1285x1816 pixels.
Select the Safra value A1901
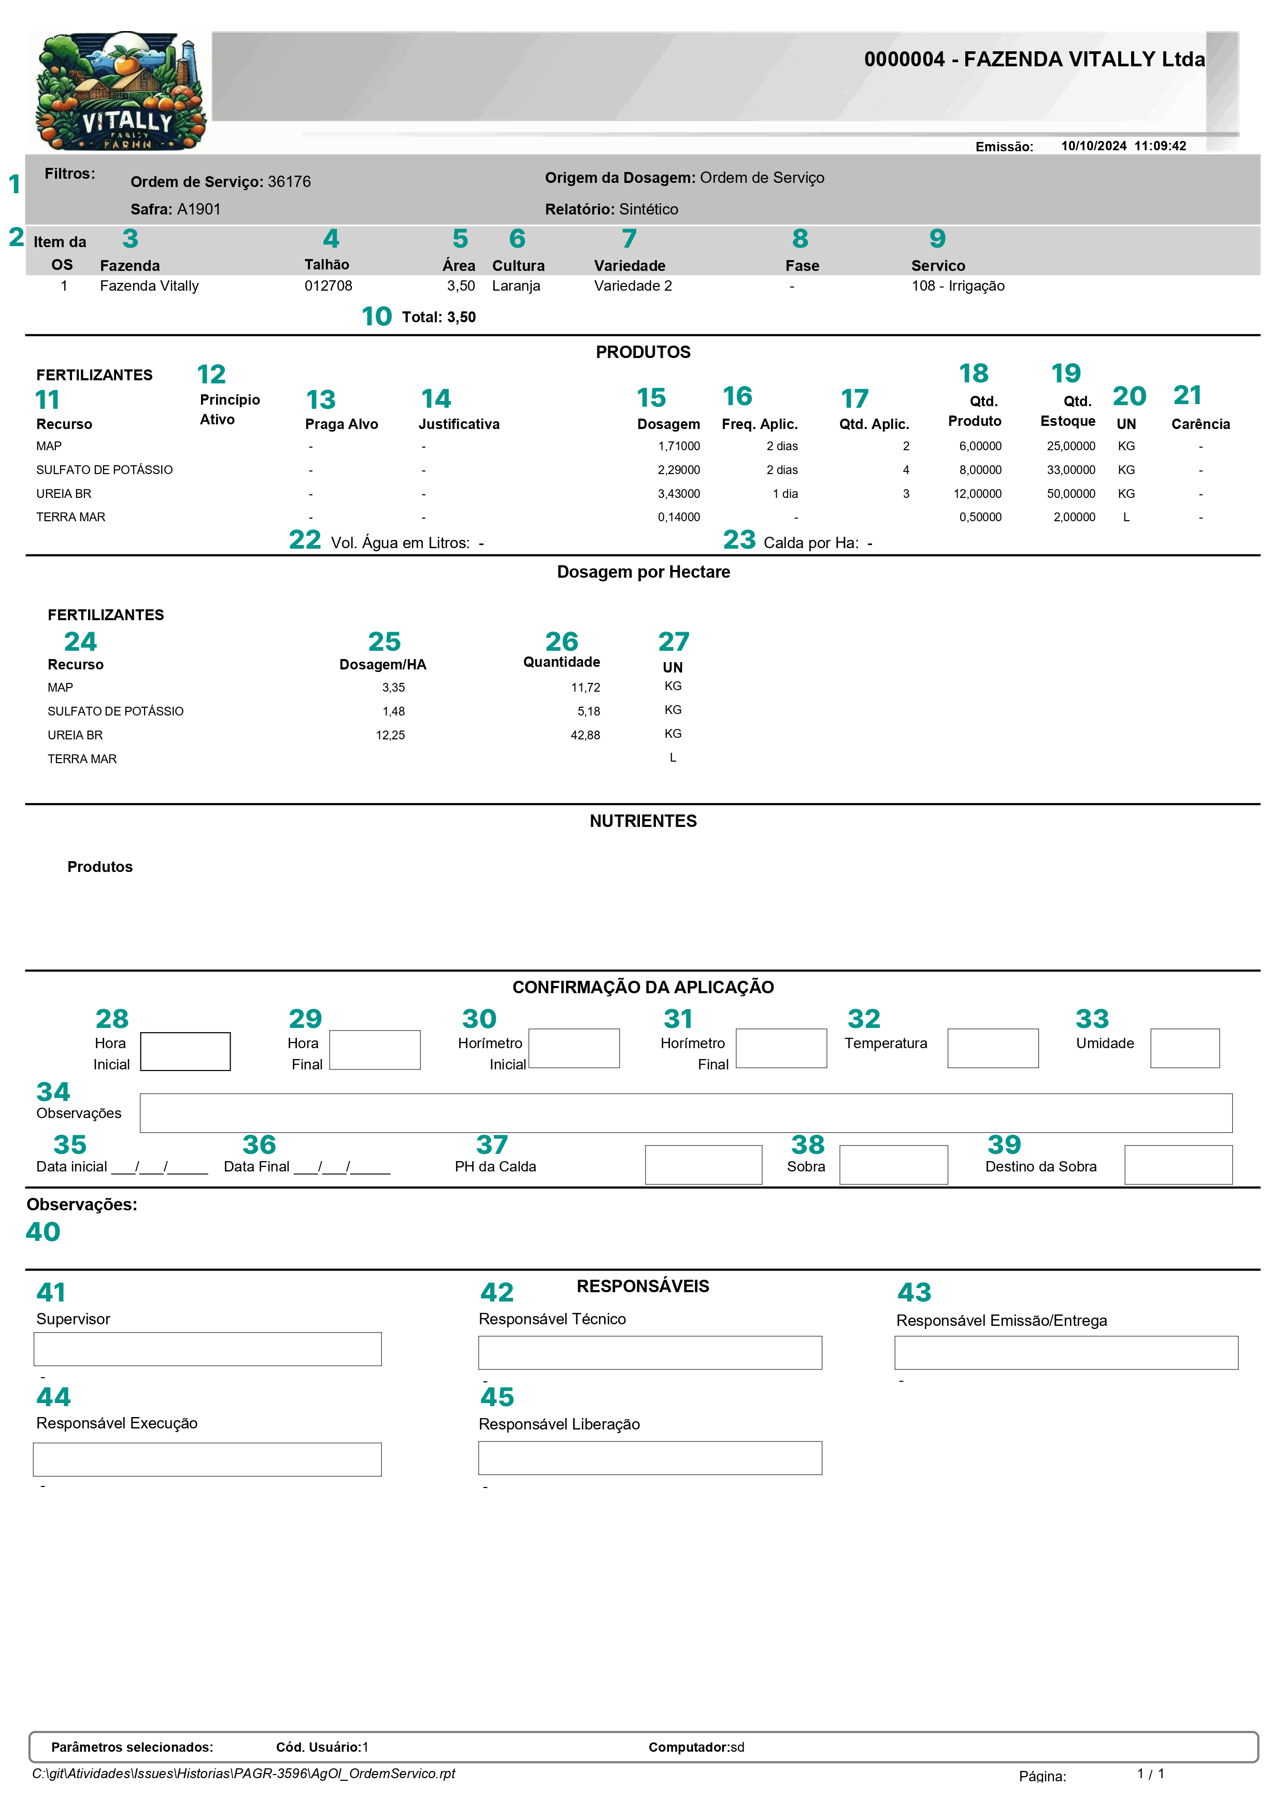(x=198, y=210)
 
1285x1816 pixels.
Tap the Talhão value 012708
(x=329, y=285)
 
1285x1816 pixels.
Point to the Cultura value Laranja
(x=516, y=285)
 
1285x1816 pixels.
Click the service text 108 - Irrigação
(x=958, y=285)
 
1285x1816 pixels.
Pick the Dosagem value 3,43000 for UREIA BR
(x=678, y=494)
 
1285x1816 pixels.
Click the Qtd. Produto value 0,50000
(x=980, y=518)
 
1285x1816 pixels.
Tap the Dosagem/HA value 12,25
(x=390, y=735)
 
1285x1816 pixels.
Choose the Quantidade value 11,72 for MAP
(x=586, y=688)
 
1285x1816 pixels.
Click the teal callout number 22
(x=305, y=540)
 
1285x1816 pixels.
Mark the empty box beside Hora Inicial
(x=185, y=1052)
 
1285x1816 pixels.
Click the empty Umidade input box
(x=1184, y=1049)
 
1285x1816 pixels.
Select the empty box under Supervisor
(x=207, y=1349)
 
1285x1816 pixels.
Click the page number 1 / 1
(x=1150, y=1774)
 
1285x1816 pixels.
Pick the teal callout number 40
(x=42, y=1232)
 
